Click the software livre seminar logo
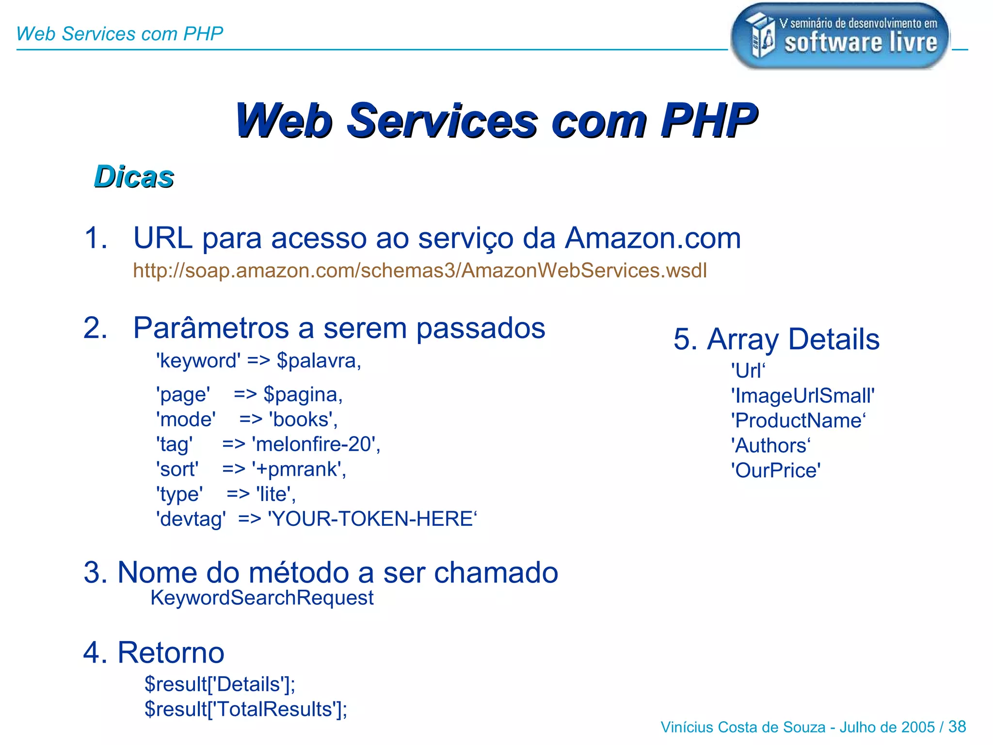click(840, 36)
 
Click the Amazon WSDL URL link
click(420, 271)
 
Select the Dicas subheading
click(134, 177)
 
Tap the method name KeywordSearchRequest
click(262, 598)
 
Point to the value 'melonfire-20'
click(315, 444)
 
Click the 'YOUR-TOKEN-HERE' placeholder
click(372, 519)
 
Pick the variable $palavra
click(318, 361)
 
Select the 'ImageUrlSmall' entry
click(803, 396)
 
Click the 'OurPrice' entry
click(776, 470)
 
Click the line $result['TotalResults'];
click(246, 709)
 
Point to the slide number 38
click(957, 727)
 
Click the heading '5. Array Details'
click(776, 339)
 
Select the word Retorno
click(171, 652)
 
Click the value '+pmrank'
click(298, 469)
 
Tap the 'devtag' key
click(191, 519)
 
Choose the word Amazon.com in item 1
click(653, 238)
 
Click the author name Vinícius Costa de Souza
click(743, 727)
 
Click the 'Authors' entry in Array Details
click(771, 446)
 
